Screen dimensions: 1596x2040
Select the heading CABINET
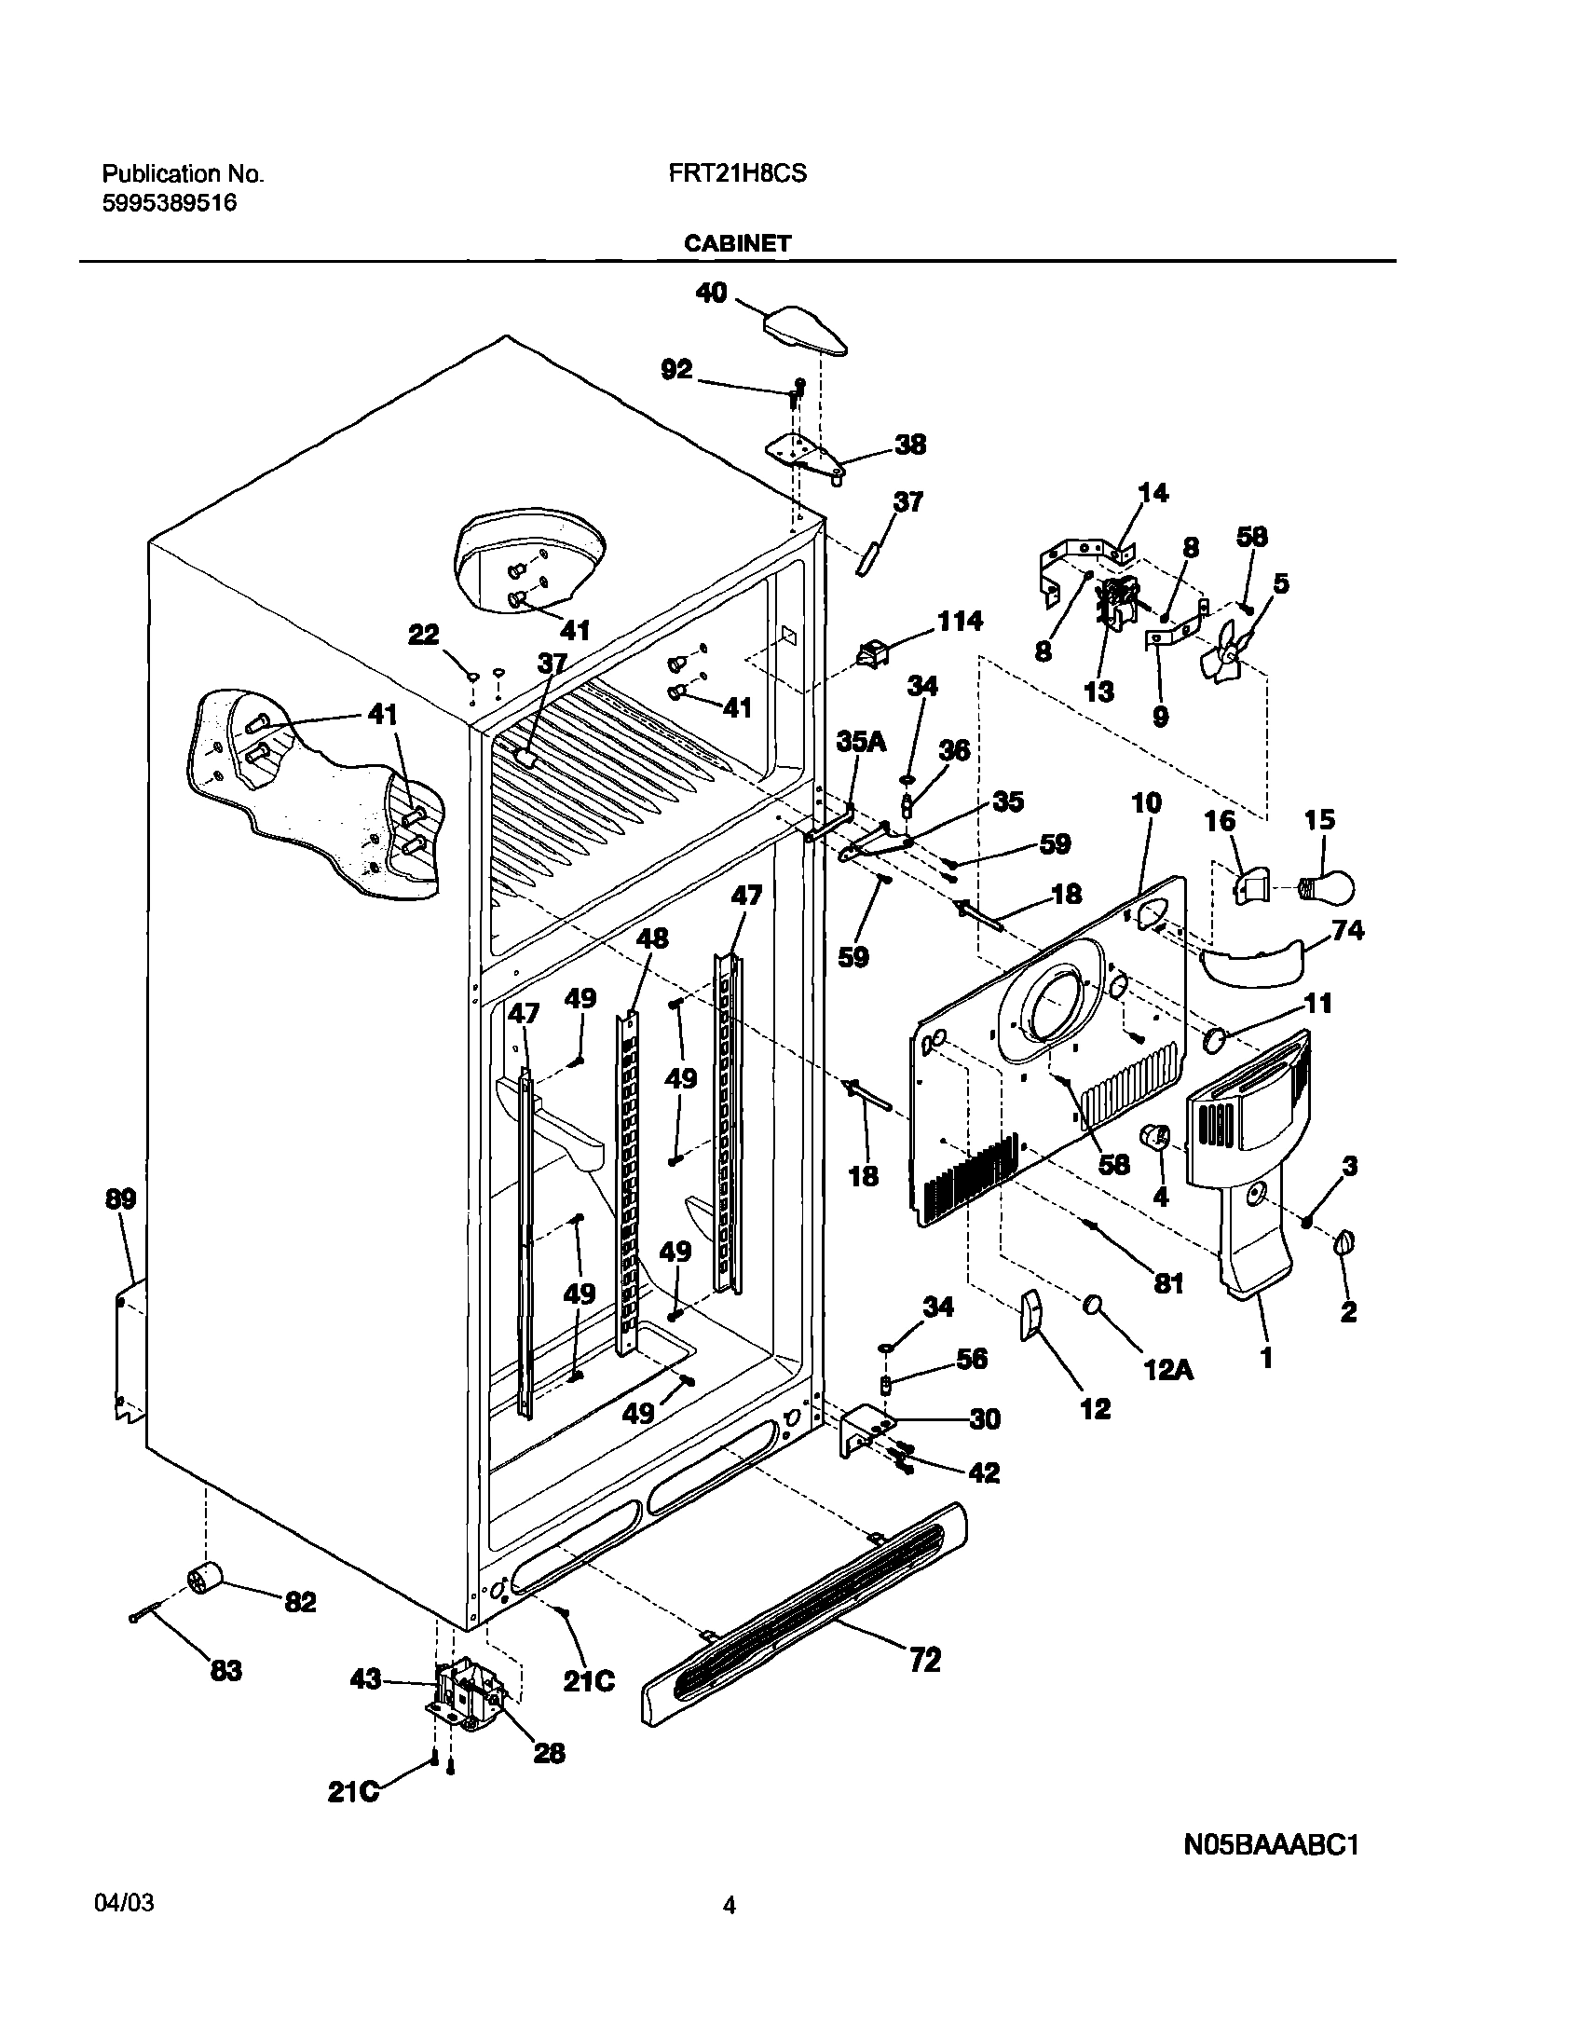pyautogui.click(x=737, y=245)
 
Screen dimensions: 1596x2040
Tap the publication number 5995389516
pyautogui.click(x=170, y=203)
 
